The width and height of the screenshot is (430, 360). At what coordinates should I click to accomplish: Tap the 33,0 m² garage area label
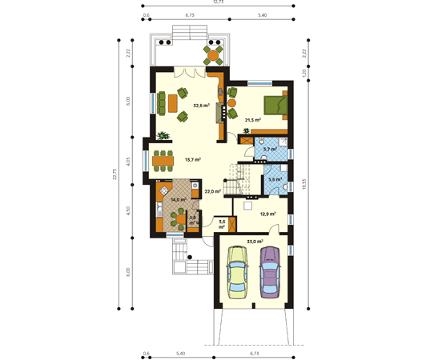255,240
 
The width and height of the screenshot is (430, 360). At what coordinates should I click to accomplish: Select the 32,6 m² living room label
201,106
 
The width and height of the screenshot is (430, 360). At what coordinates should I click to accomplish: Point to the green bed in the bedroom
272,105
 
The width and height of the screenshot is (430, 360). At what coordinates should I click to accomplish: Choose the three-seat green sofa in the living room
160,102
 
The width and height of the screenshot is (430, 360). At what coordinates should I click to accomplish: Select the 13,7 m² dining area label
192,160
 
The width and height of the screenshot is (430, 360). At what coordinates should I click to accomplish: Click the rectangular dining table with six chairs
163,161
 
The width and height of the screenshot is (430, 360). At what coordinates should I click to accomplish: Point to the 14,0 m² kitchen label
178,200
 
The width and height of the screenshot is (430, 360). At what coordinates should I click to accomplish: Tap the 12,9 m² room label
267,214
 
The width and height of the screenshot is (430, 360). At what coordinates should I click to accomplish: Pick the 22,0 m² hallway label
212,192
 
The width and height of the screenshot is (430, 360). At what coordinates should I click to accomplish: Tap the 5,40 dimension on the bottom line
180,352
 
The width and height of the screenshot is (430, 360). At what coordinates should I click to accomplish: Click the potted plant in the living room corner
164,136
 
